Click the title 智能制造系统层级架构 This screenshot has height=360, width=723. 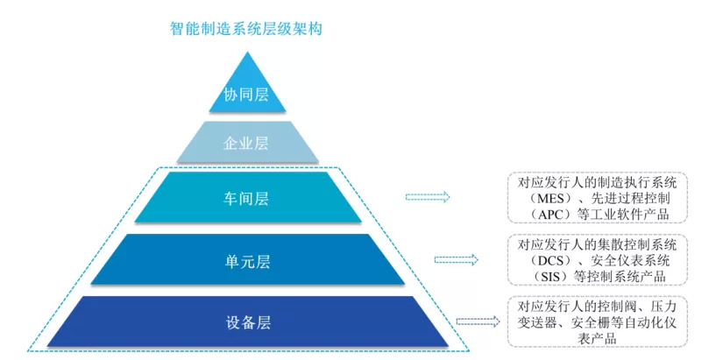(246, 28)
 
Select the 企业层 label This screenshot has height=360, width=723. (246, 143)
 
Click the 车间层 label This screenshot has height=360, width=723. (246, 198)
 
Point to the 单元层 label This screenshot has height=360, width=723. (246, 259)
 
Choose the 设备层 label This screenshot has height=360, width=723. (246, 321)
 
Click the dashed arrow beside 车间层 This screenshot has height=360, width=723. (427, 197)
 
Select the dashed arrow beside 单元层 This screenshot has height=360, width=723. (456, 259)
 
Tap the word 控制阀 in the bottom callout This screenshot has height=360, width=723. (605, 307)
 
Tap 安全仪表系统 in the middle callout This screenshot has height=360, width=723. (627, 259)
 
